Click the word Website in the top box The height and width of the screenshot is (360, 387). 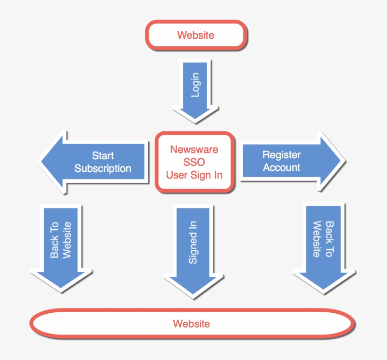click(x=195, y=35)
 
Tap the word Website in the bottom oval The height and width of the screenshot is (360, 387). click(x=191, y=324)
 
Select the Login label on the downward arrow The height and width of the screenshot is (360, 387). click(x=195, y=85)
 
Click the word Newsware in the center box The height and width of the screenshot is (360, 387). click(x=194, y=150)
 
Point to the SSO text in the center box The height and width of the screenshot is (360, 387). click(x=194, y=162)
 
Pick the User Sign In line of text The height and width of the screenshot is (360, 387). click(x=194, y=175)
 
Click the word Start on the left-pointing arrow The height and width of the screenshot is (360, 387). click(x=103, y=156)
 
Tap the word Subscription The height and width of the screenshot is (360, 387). click(x=103, y=169)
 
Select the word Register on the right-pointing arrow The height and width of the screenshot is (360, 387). click(x=281, y=155)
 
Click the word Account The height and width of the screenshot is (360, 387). click(x=281, y=168)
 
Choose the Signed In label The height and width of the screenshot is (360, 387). click(x=193, y=241)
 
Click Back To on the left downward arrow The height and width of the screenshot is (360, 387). click(x=55, y=240)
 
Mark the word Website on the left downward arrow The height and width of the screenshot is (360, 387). click(x=67, y=240)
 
